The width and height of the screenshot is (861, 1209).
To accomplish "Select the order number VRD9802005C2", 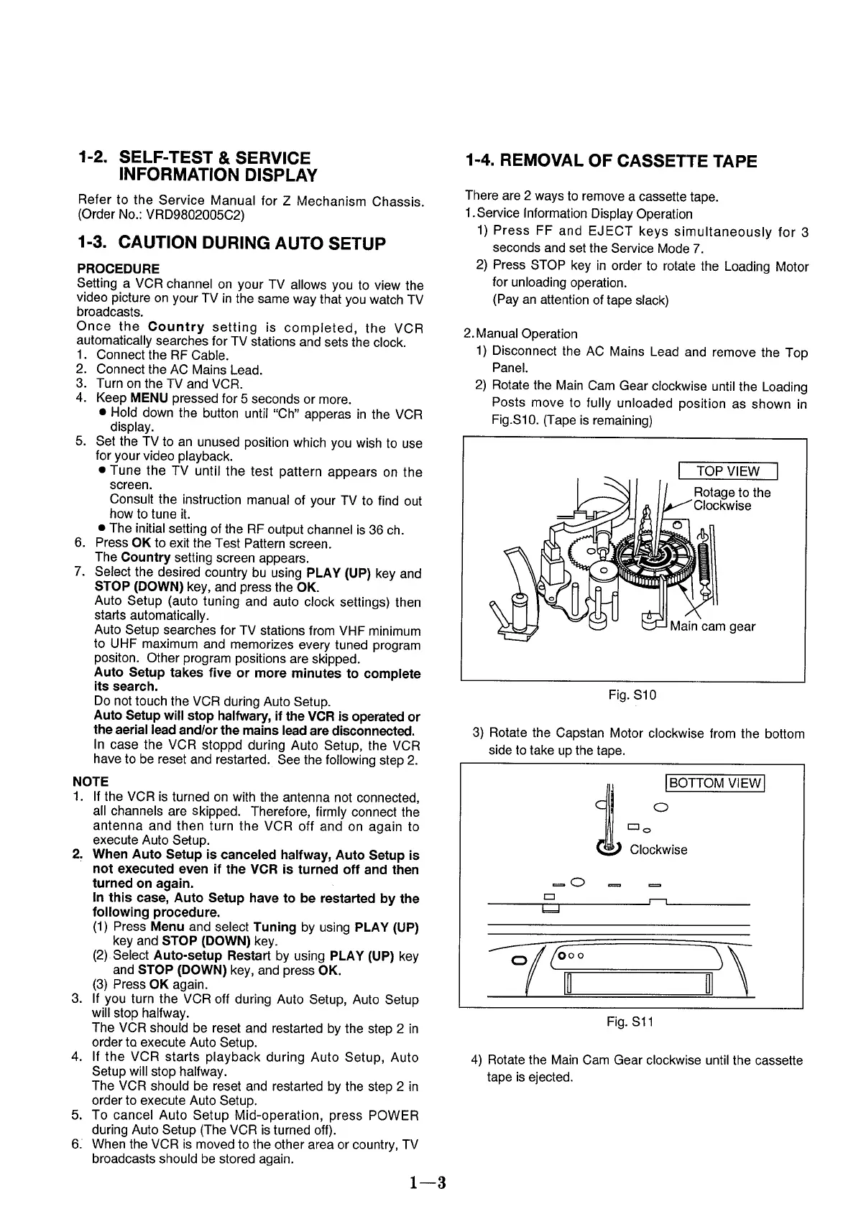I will pyautogui.click(x=194, y=215).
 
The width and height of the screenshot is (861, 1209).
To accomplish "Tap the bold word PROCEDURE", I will pyautogui.click(x=118, y=269).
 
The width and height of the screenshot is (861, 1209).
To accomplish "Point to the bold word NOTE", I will pyautogui.click(x=91, y=782).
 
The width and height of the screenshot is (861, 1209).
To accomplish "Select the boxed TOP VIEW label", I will pyautogui.click(x=727, y=471).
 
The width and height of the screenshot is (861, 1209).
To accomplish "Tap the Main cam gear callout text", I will pyautogui.click(x=712, y=626).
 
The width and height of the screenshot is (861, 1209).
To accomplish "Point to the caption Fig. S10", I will pyautogui.click(x=632, y=695).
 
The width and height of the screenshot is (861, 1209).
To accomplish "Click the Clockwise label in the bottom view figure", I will pyautogui.click(x=658, y=850).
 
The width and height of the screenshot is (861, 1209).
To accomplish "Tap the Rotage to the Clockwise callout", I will pyautogui.click(x=731, y=499).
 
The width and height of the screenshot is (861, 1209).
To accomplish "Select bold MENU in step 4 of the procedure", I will pyautogui.click(x=149, y=398).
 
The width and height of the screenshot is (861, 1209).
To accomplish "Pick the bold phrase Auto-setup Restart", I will pyautogui.click(x=213, y=956).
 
